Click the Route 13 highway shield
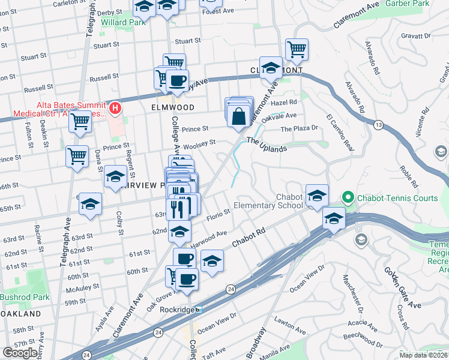(x=378, y=124)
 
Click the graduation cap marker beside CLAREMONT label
(x=271, y=67)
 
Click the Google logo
(x=20, y=353)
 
